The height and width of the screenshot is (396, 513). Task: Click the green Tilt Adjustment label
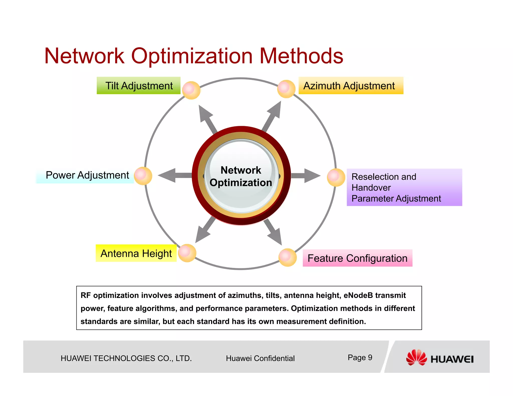[x=139, y=86]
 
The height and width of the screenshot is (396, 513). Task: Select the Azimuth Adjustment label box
[x=351, y=86]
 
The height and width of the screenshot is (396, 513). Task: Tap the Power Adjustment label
[x=87, y=175]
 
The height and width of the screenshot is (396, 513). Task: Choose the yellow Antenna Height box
[x=136, y=253]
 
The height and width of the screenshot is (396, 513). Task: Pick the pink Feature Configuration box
[x=357, y=258]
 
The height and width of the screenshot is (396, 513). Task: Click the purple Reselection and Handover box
[x=404, y=187]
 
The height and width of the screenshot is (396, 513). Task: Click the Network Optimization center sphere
[x=241, y=176]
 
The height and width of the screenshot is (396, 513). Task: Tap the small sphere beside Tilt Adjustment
[x=191, y=90]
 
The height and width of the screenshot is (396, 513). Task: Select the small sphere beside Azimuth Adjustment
[x=286, y=89]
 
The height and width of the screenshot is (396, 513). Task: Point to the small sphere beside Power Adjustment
[x=143, y=176]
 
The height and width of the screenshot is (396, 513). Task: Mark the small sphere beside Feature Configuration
[x=287, y=257]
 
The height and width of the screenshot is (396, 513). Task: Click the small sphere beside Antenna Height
[x=187, y=253]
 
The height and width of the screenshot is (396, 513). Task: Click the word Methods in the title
[x=301, y=56]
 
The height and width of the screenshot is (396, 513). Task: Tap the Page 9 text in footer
[x=360, y=357]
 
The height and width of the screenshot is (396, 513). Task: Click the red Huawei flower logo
[x=416, y=357]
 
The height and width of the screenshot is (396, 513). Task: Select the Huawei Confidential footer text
[x=260, y=358]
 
